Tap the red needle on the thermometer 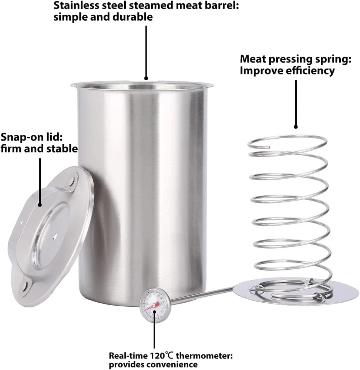151,306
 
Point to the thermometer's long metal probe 201,294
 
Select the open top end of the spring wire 269,147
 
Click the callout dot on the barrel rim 146,78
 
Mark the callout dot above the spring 296,127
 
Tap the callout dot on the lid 40,205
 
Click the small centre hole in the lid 55,235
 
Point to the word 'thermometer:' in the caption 205,355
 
